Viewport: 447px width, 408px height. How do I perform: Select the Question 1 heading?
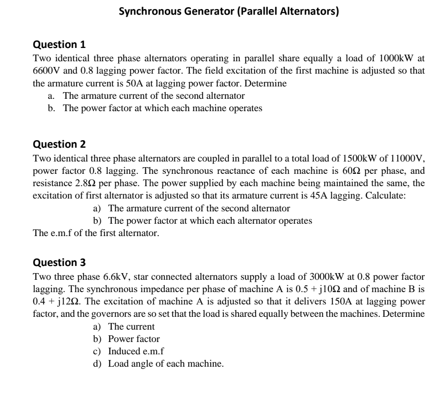59,45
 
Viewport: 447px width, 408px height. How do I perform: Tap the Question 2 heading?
59,144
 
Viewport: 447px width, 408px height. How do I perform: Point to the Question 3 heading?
59,262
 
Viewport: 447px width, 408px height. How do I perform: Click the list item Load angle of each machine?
166,364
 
